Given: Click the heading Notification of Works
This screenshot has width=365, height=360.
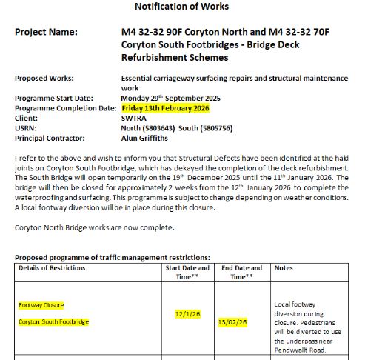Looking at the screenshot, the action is [181, 7].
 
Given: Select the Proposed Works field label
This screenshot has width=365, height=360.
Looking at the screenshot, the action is [45, 78].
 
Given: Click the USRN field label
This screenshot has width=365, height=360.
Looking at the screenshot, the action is [27, 127].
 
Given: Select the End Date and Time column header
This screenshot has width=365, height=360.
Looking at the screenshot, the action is [241, 271].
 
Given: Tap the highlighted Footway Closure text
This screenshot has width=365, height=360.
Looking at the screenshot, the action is [41, 304].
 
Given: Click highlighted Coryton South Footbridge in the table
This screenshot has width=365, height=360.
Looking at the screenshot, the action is [54, 321].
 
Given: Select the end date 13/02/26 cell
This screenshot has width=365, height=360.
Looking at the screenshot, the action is [232, 322].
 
